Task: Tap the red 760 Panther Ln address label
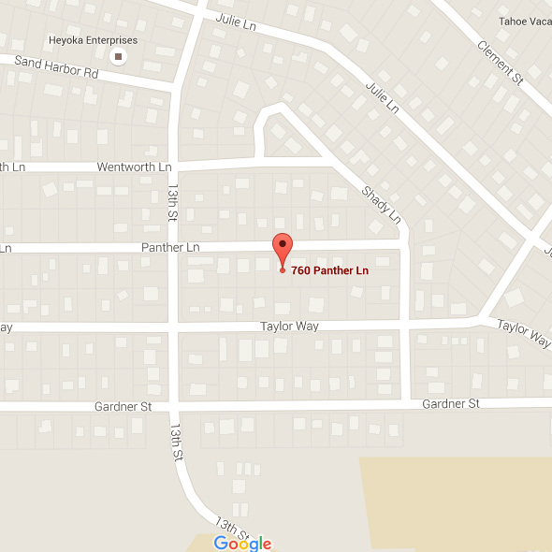click(x=328, y=271)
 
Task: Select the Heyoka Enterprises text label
click(x=94, y=40)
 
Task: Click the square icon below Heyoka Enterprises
click(x=118, y=57)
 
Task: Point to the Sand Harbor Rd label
click(x=57, y=66)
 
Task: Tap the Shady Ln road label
click(x=381, y=205)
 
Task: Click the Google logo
click(x=241, y=544)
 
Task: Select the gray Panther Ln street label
click(x=170, y=247)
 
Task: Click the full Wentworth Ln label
click(x=135, y=167)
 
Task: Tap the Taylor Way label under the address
click(x=289, y=326)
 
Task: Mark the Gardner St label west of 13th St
click(x=123, y=407)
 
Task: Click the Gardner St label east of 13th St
click(x=451, y=403)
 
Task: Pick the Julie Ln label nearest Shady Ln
click(x=382, y=94)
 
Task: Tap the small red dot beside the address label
click(x=283, y=270)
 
